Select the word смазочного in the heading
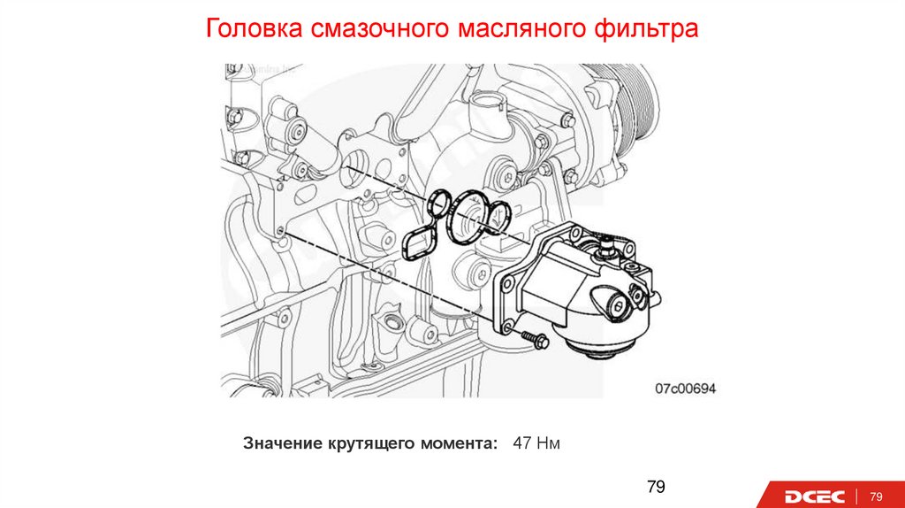379,28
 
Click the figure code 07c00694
685,389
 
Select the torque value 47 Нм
536,444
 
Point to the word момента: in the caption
459,444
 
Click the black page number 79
657,487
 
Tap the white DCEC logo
814,496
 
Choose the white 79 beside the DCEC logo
876,496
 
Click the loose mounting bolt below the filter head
535,340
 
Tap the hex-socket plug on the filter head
620,307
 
